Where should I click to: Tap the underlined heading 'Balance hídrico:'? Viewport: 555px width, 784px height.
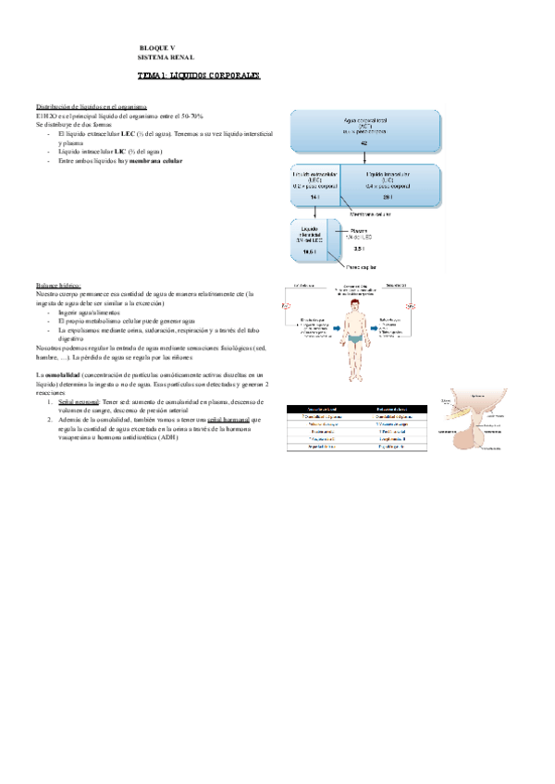click(x=57, y=285)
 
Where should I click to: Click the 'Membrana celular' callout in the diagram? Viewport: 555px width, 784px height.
click(x=371, y=213)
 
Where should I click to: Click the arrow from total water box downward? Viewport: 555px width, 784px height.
click(x=364, y=160)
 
